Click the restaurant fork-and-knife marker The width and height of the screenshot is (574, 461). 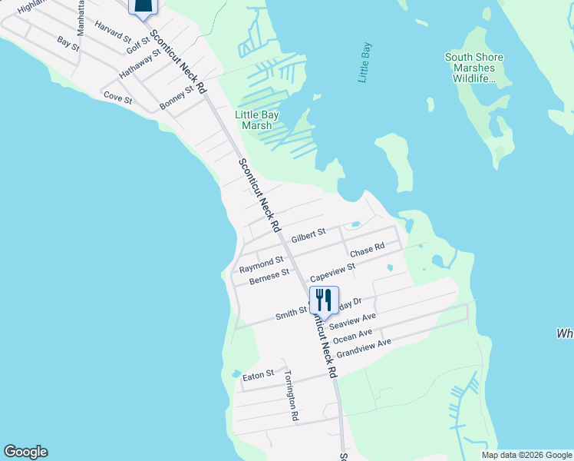coord(324,300)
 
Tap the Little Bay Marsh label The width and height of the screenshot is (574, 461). coord(256,121)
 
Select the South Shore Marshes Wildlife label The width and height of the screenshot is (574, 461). coord(474,68)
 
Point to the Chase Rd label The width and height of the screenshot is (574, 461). coord(367,250)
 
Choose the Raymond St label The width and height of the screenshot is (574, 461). coord(261,265)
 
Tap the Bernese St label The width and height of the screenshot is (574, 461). coord(269,277)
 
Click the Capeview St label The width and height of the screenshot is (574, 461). coord(332,272)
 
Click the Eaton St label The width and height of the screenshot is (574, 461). coord(258,375)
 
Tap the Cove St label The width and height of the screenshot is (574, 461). coord(118,98)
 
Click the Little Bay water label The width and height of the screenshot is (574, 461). coord(368,62)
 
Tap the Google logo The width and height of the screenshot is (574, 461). coord(25,452)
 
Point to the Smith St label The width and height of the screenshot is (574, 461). coord(292,313)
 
